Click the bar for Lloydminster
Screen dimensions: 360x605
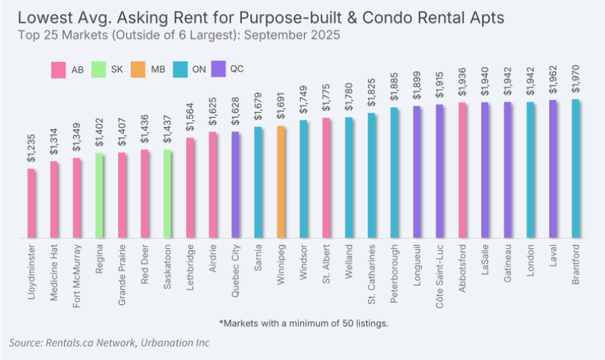point(31,203)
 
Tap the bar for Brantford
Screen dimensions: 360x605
point(576,169)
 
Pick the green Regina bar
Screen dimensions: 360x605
point(99,196)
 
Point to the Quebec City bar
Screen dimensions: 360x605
point(235,184)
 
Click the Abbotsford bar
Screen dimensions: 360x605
point(462,170)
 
